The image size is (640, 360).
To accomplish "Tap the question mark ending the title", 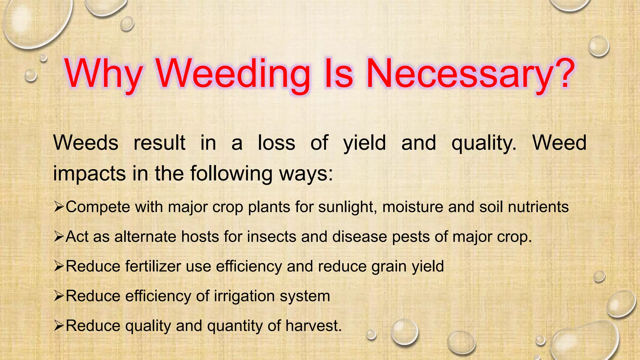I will [x=564, y=73].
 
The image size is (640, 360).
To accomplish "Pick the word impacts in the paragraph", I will [x=89, y=174].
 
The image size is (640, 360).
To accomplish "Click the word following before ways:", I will [x=231, y=174].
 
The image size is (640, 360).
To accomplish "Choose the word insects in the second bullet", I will [x=272, y=237].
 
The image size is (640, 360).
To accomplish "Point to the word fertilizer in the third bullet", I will [x=153, y=266].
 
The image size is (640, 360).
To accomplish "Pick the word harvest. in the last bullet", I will [x=314, y=326].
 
